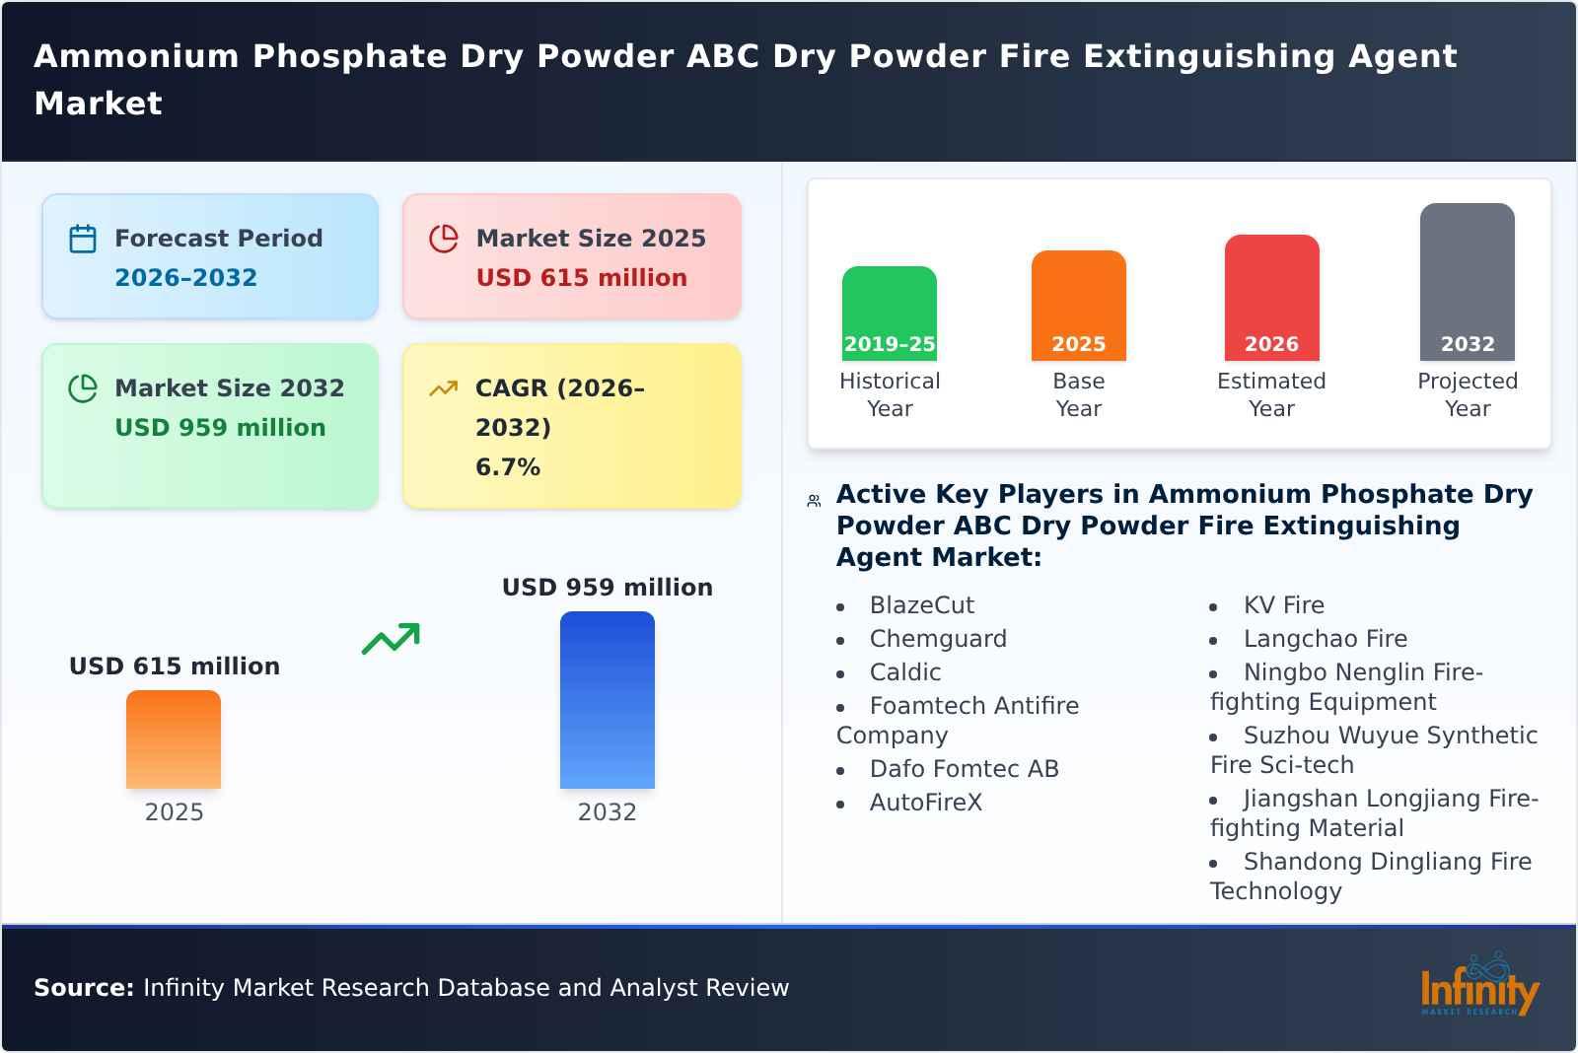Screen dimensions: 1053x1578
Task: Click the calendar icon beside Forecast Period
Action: tap(83, 239)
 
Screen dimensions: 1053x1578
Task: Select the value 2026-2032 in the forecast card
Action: tap(185, 278)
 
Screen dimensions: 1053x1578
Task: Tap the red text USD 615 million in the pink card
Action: tap(581, 278)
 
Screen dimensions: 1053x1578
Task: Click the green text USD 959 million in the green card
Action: tap(220, 428)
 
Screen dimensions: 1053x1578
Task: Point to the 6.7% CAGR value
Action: tap(507, 467)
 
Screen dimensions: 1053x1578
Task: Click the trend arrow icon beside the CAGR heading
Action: tap(443, 388)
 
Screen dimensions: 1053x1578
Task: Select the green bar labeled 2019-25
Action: tap(889, 313)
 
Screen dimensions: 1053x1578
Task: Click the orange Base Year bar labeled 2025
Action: tap(1078, 305)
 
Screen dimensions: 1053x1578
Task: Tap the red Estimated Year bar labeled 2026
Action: tap(1271, 297)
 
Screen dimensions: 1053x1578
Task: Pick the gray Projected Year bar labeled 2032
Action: tap(1467, 281)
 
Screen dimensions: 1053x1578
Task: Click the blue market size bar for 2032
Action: tap(607, 700)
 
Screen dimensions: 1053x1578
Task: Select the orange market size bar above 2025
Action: tap(174, 739)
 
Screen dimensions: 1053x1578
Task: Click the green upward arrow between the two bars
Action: tap(391, 639)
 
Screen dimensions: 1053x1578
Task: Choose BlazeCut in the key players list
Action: tap(921, 605)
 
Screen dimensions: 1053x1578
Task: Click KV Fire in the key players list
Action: tap(1283, 605)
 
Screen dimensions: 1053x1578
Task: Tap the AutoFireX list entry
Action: tap(925, 803)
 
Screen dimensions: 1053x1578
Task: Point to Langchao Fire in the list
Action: tap(1325, 639)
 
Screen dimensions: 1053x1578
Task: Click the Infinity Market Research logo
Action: tap(1478, 987)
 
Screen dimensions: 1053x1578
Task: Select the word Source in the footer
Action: tap(83, 988)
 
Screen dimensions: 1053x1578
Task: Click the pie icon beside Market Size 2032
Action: tap(83, 388)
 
